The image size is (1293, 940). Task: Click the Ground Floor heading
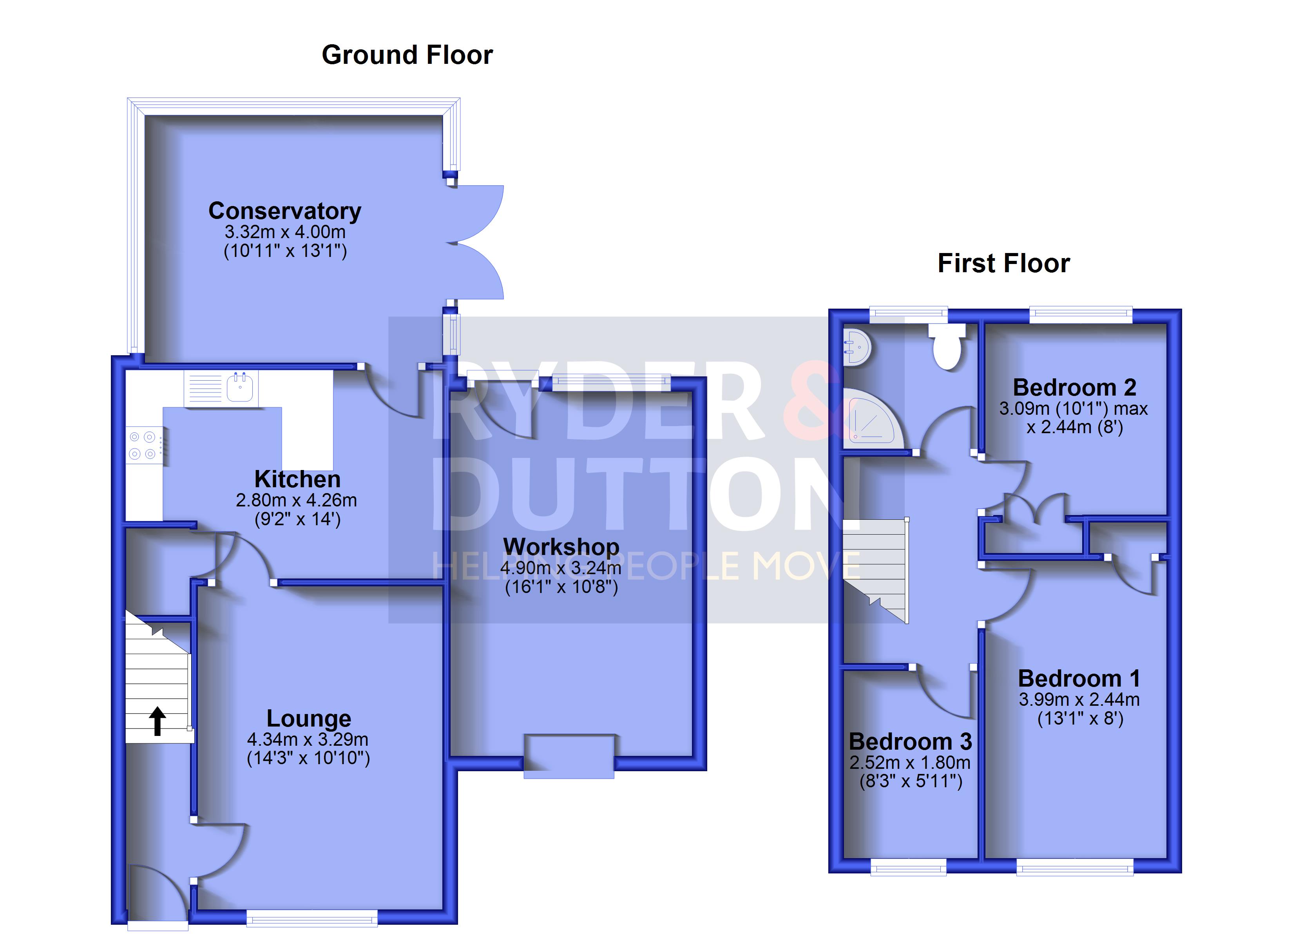[407, 55]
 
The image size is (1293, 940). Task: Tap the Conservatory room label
[285, 211]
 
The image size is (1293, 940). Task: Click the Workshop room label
[561, 547]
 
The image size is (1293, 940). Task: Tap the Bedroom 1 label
[1079, 678]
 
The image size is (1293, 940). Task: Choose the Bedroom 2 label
[1074, 388]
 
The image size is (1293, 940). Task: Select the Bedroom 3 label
[911, 742]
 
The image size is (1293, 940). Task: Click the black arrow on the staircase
[158, 721]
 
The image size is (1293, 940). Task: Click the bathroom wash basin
[856, 347]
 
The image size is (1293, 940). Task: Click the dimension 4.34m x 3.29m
[308, 739]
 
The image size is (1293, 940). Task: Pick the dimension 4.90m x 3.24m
[561, 568]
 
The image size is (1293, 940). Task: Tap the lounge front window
[312, 917]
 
